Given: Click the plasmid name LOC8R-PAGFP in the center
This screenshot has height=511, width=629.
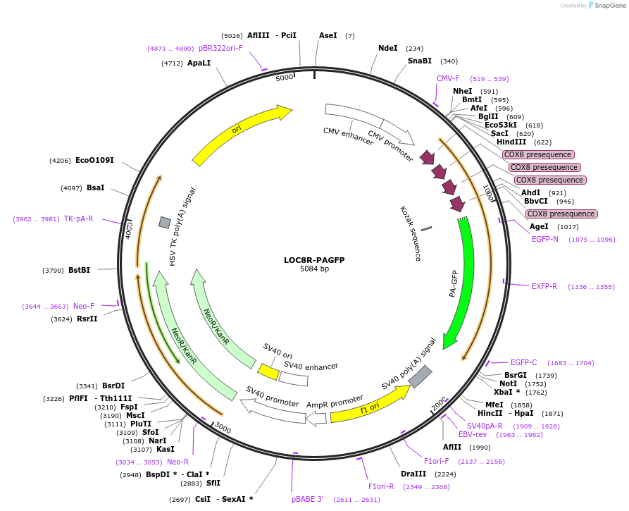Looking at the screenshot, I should (314, 259).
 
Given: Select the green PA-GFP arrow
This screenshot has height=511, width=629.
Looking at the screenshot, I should (466, 282).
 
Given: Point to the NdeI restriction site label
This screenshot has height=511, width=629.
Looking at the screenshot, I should (387, 49).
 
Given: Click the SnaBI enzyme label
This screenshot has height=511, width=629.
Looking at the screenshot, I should (419, 61).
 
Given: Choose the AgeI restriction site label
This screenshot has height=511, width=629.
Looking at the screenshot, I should (539, 226).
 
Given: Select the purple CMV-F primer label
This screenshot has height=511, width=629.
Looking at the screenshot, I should (448, 78).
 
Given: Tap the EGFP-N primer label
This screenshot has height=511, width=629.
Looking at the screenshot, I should (544, 239).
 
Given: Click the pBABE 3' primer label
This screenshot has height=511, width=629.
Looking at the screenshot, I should (308, 499).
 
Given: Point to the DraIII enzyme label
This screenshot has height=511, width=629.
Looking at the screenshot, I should (413, 474).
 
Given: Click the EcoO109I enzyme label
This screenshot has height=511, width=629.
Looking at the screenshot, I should (94, 160).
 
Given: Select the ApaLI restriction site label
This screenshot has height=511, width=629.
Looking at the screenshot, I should (199, 63).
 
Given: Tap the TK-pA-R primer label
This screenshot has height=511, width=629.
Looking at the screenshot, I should (78, 218).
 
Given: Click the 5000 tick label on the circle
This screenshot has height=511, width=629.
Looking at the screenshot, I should (284, 78).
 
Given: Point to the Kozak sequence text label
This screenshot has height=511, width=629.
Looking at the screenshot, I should (410, 233).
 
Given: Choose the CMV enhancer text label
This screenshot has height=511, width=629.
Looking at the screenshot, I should (348, 135).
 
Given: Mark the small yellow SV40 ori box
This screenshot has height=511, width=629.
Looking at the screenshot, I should (268, 371).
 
